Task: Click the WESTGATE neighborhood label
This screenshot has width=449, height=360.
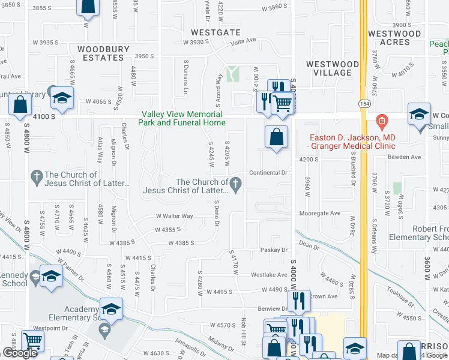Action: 215,32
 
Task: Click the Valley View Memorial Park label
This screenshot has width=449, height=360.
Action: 182,118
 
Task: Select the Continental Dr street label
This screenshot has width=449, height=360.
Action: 270,172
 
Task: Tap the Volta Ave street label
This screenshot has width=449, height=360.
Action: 243,41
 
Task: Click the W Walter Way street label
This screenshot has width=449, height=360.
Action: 175,216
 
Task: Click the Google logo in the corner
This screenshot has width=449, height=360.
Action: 20,353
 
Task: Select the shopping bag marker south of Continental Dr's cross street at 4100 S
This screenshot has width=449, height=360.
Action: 276,136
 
